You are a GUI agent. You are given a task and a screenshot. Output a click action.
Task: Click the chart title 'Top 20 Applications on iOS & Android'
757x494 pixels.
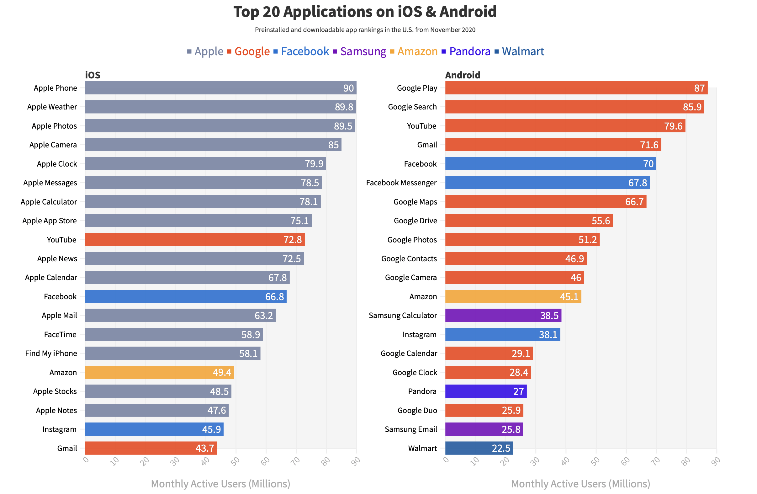(x=365, y=12)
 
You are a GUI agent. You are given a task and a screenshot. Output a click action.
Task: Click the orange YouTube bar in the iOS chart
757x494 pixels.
(x=195, y=240)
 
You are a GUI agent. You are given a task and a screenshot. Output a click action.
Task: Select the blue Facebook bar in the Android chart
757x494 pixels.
(x=550, y=164)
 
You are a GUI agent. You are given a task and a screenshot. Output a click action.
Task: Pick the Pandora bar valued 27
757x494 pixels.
(x=486, y=391)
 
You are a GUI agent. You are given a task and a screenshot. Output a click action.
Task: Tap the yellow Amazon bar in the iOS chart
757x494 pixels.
(x=159, y=372)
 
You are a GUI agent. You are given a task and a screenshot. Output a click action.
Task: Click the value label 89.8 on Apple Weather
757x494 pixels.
(x=343, y=107)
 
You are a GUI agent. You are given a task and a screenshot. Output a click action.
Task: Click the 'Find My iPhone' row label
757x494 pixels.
(x=51, y=353)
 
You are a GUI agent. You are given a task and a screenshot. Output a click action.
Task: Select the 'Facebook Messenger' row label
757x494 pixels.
(x=401, y=183)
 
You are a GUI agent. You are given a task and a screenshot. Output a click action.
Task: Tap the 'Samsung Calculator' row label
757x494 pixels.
(x=402, y=316)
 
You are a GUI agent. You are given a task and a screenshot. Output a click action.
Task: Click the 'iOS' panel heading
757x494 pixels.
(x=93, y=75)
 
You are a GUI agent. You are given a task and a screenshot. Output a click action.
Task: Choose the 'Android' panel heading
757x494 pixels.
(x=463, y=75)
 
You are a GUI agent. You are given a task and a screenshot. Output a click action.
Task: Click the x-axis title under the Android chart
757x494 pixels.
(x=580, y=484)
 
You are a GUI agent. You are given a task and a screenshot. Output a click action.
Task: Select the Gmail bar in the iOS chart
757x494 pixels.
(x=151, y=448)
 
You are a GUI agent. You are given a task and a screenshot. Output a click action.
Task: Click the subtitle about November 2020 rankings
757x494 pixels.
(x=365, y=30)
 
